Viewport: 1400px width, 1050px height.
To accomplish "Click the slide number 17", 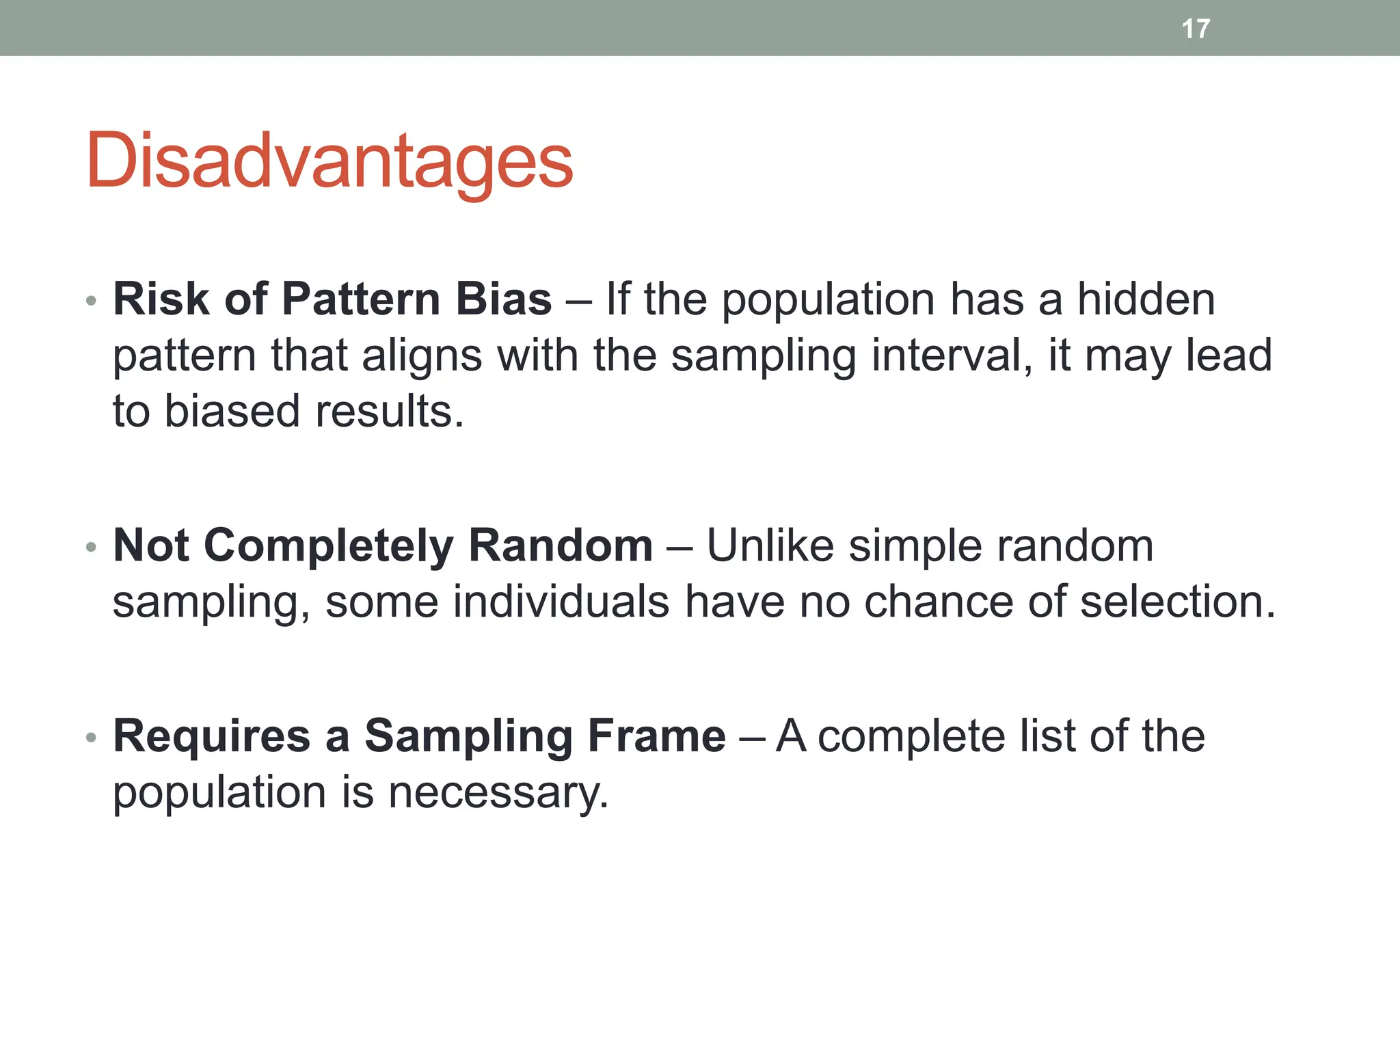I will (x=1196, y=29).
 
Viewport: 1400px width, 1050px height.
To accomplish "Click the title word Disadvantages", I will (x=329, y=161).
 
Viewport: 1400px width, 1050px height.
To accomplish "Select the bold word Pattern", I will (x=360, y=299).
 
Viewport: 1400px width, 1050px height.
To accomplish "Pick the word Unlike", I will (x=770, y=546).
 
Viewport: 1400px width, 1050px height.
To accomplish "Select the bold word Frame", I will (x=656, y=736).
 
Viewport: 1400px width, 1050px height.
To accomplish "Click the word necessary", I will (x=498, y=793).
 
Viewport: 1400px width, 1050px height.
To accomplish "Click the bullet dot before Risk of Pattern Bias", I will (x=92, y=301).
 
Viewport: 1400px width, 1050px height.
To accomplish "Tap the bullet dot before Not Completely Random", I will (x=92, y=548).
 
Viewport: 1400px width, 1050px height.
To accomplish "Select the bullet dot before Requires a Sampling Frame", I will (x=92, y=738).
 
